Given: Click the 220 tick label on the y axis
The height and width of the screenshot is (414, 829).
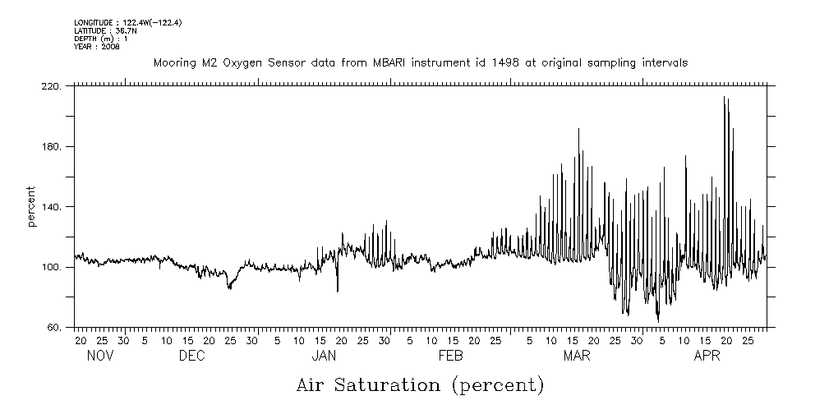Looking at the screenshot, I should [53, 86].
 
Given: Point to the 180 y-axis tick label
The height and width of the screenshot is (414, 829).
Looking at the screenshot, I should [53, 147].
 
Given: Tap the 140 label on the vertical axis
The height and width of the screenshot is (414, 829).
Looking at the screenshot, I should [53, 207].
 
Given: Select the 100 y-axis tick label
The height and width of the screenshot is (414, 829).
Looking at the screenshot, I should [53, 268].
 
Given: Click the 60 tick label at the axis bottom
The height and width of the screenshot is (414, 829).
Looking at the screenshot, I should [55, 328].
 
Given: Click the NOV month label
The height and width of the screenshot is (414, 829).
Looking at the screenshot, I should [100, 356].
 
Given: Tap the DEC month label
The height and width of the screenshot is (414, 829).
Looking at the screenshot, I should [191, 356].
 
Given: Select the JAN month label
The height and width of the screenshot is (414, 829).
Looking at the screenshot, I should [324, 356].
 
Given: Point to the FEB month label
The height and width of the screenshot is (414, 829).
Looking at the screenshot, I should [451, 356].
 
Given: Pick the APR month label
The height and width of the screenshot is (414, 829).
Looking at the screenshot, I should [707, 356].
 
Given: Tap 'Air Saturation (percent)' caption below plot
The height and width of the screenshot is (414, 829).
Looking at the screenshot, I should [420, 384].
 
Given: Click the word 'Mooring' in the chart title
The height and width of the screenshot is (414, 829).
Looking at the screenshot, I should [172, 62].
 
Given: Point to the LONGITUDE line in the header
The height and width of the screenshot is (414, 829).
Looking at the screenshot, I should [127, 23].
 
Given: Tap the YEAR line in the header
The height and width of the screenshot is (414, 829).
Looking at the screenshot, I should [97, 47].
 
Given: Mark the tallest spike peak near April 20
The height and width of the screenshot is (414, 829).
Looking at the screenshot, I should [724, 97].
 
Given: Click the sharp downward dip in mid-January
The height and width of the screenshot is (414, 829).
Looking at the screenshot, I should [338, 291].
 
